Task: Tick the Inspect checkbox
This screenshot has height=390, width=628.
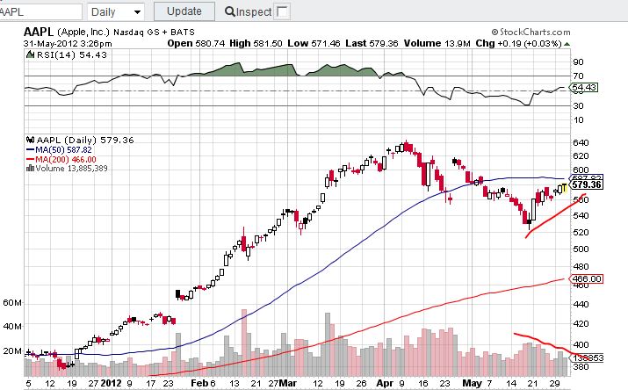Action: tap(282, 11)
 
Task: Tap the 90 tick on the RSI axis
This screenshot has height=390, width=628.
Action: tap(578, 62)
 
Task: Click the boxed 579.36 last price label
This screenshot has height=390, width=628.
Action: tap(586, 184)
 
